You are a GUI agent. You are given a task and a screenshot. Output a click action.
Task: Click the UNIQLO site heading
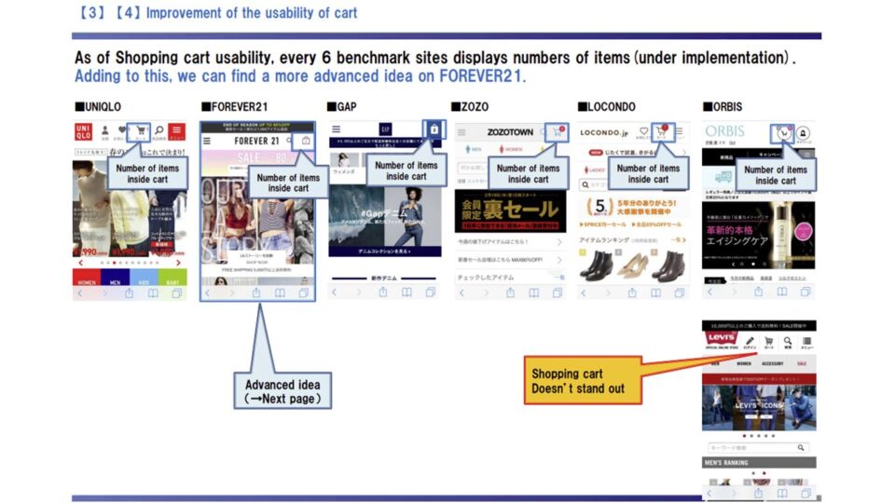point(101,107)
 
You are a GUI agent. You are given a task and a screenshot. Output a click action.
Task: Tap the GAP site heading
point(345,107)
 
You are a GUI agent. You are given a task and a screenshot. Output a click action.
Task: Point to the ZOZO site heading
point(472,107)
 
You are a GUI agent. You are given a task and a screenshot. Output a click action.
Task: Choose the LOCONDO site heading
point(607,107)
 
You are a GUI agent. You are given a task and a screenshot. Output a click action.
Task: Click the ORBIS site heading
point(725,107)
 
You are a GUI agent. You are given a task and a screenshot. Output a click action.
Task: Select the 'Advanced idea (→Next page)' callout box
point(282,391)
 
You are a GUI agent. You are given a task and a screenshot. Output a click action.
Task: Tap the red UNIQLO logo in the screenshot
point(85,131)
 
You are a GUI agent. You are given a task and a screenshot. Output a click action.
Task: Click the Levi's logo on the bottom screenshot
point(721,338)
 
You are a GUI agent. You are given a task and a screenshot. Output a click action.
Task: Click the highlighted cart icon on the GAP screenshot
point(434,129)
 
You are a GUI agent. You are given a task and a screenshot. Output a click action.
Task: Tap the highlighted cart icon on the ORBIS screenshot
point(782,132)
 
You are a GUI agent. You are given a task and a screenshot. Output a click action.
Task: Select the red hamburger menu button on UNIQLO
point(176,131)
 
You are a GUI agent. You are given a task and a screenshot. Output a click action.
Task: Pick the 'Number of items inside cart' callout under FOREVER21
point(288,183)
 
